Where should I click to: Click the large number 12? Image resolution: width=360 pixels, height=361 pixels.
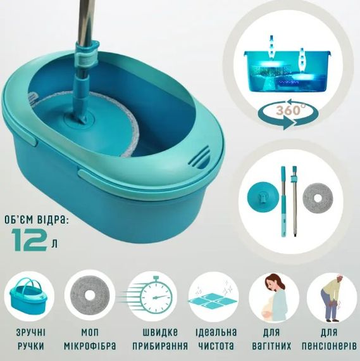(x=28, y=239)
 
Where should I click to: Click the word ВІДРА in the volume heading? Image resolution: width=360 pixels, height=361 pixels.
(x=53, y=220)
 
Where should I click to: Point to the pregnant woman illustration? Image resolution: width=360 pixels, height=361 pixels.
(x=274, y=297)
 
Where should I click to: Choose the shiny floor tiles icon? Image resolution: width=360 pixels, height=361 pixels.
(x=213, y=296)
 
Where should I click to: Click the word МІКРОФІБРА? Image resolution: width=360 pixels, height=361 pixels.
(x=90, y=346)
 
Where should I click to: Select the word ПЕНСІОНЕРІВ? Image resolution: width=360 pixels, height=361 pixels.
(x=329, y=346)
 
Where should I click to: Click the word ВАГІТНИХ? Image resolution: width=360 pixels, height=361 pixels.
(x=271, y=346)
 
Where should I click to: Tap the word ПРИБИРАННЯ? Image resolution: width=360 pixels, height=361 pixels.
(x=160, y=346)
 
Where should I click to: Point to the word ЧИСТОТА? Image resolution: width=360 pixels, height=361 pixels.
(x=216, y=346)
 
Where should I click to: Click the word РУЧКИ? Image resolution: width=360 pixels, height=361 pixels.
(x=31, y=346)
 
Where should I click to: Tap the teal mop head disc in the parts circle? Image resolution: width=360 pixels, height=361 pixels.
(x=263, y=196)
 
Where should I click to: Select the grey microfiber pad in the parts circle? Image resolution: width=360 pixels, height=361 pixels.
(x=318, y=198)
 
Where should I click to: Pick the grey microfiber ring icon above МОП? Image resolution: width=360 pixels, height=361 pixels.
(x=89, y=295)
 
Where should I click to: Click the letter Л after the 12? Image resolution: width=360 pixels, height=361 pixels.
(x=54, y=244)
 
